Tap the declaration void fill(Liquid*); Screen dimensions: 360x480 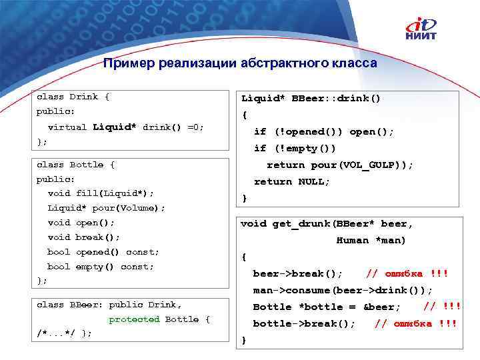click(x=101, y=193)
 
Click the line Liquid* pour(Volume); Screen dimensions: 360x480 click(x=106, y=208)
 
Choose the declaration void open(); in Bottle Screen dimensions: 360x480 click(x=81, y=223)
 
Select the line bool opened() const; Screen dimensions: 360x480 click(x=103, y=252)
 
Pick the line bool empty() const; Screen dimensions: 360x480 click(x=101, y=267)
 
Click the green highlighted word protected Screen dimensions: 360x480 click(x=134, y=319)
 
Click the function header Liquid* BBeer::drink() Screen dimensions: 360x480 click(x=311, y=99)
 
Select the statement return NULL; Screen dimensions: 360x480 click(x=292, y=181)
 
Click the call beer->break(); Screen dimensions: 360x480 click(x=298, y=273)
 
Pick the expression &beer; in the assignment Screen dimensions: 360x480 click(x=382, y=307)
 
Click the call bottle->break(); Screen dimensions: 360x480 click(x=304, y=323)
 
